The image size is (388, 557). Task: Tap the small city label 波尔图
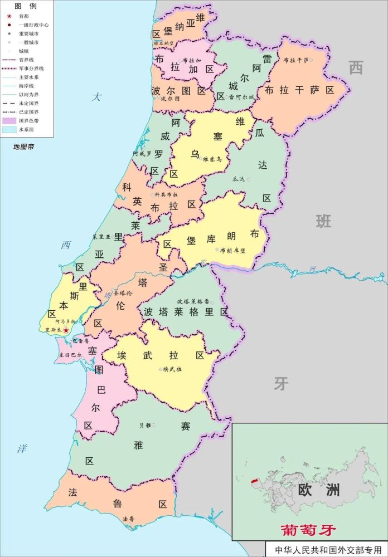point(170,99)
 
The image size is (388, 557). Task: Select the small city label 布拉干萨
point(296,60)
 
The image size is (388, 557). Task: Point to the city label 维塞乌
point(212,159)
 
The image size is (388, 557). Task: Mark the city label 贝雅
point(145,425)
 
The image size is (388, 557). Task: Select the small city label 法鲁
point(128,519)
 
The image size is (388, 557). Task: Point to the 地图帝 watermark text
point(24,146)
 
